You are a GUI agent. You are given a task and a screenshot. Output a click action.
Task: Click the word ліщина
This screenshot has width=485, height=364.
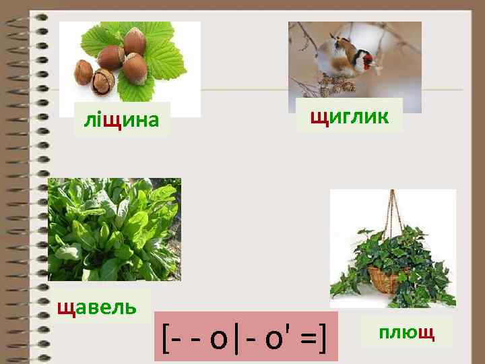pyautogui.click(x=121, y=120)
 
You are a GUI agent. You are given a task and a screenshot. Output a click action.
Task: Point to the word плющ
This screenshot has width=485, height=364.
pyautogui.click(x=406, y=332)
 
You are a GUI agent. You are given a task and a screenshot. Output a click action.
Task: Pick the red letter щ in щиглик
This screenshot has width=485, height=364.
pyautogui.click(x=318, y=116)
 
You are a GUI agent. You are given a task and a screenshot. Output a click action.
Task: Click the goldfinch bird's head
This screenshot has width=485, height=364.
pyautogui.click(x=364, y=59)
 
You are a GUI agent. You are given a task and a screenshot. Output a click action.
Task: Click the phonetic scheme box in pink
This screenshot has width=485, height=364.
pyautogui.click(x=245, y=336)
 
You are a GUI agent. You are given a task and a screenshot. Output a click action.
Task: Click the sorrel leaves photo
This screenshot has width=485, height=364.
pyautogui.click(x=114, y=229)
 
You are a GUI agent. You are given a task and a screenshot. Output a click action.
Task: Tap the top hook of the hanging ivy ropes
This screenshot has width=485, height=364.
pyautogui.click(x=393, y=194)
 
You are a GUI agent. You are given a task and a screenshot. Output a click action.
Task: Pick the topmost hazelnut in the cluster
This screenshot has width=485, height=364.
pyautogui.click(x=135, y=40)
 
